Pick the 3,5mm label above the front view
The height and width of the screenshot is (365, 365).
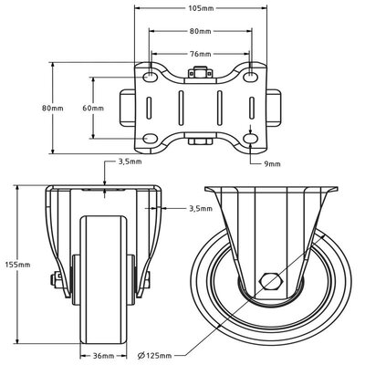pos(130,163)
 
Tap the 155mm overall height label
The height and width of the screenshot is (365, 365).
pos(18,265)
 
